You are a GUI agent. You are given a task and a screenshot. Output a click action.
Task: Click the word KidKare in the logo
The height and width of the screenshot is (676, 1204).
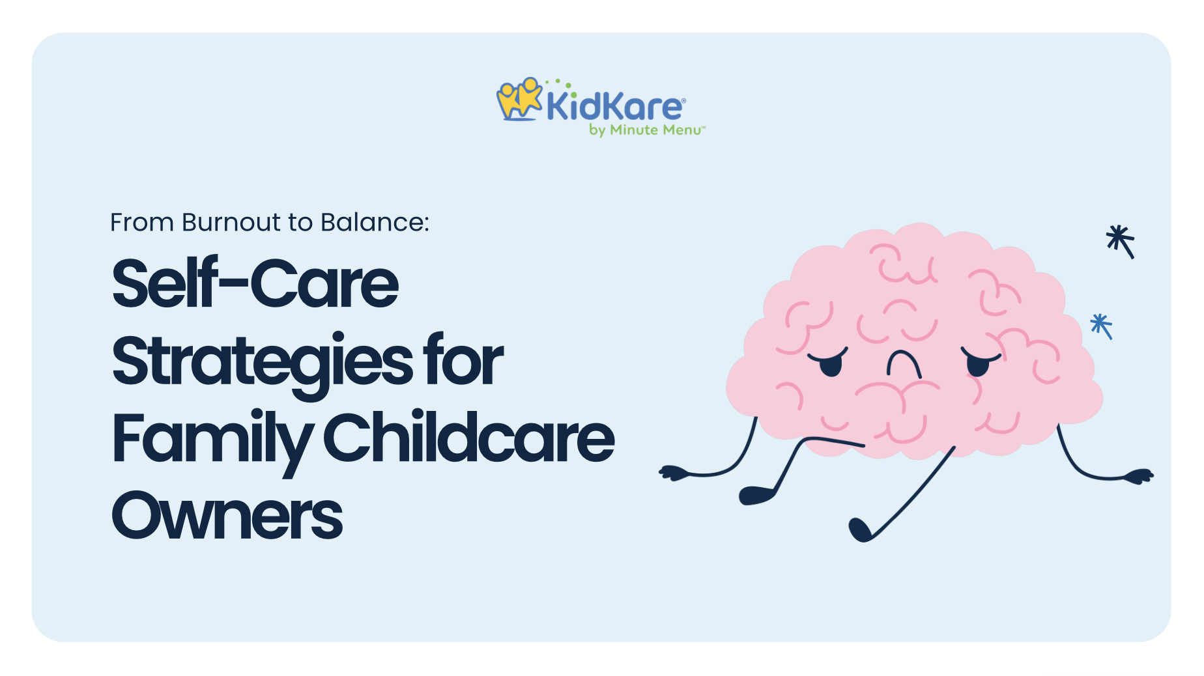click(615, 106)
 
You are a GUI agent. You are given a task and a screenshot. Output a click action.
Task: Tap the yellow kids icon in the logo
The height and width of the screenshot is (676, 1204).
click(519, 99)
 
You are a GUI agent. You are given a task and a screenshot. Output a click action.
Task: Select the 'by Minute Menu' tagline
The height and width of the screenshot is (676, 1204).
click(646, 130)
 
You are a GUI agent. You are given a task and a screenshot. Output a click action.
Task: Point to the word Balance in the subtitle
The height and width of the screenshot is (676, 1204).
click(375, 223)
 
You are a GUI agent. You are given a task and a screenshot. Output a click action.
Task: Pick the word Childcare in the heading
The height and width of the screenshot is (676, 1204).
click(468, 436)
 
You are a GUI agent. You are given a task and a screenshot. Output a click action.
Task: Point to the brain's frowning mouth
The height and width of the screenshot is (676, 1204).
click(904, 363)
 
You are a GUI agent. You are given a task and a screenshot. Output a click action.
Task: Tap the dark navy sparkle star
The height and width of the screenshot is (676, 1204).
click(1121, 241)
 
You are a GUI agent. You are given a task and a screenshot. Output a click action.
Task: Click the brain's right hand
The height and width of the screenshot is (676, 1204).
click(1139, 476)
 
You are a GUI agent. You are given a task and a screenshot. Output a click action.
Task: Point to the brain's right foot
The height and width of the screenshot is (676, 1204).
click(859, 529)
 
